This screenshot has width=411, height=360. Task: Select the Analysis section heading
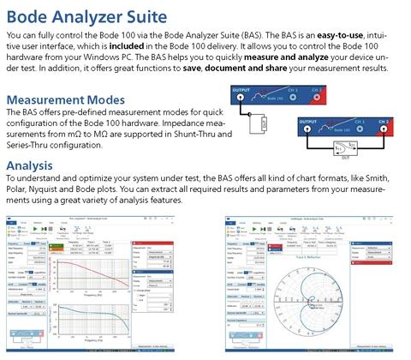(34, 165)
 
